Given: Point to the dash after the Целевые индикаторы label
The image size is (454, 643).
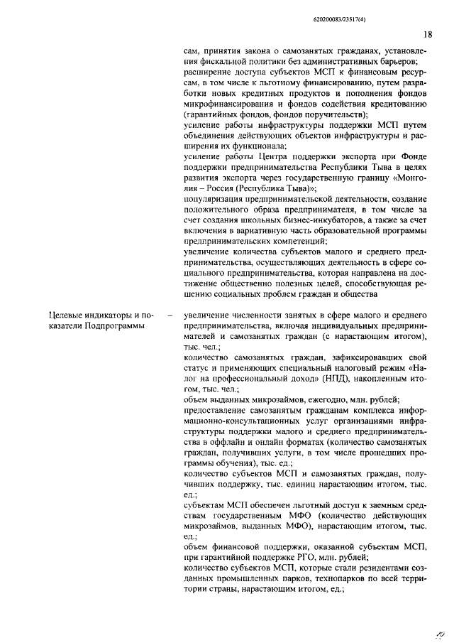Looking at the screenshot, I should [x=169, y=314].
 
